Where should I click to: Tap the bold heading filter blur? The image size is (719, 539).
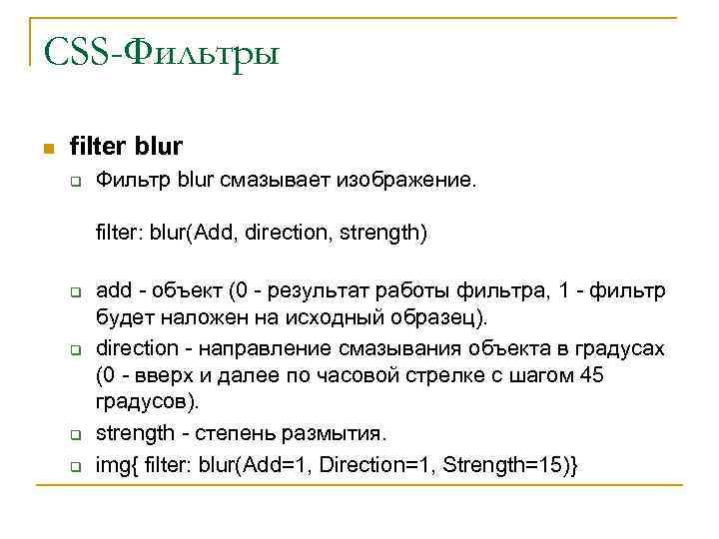point(126,147)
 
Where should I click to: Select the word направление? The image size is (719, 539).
point(260,350)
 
